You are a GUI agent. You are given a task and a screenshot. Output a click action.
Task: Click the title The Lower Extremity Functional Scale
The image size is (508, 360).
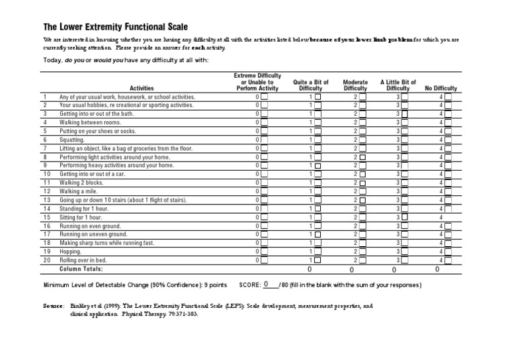coord(115,27)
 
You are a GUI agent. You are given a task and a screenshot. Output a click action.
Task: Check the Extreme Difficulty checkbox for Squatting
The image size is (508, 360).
coord(264,140)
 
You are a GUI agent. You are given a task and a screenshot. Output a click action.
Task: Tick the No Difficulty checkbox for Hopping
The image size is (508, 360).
coord(448,251)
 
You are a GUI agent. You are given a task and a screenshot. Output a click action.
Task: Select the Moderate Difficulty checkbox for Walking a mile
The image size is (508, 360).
coord(362,191)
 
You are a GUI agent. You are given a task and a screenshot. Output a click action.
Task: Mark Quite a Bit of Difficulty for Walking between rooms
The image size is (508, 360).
coord(317,122)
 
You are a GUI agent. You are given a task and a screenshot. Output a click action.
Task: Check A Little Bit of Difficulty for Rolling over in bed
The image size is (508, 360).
coord(405,260)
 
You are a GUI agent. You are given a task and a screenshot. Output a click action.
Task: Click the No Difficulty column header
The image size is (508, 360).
coord(441,88)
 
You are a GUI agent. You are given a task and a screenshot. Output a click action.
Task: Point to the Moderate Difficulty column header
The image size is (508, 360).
coord(355,85)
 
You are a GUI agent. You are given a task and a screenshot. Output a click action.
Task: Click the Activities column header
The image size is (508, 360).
coord(142,88)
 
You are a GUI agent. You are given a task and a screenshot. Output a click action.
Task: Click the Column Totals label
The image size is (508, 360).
coord(81,269)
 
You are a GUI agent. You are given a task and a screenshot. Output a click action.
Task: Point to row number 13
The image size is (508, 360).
coord(46,200)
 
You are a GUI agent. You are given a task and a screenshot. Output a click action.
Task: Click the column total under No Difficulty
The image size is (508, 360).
coord(437,270)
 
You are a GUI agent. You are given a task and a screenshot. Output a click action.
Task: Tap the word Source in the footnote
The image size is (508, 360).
coord(54,306)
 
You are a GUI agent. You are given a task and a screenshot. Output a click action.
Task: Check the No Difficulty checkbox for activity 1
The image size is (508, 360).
coord(448,97)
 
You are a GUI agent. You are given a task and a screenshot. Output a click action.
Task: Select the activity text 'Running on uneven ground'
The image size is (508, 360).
coord(93,234)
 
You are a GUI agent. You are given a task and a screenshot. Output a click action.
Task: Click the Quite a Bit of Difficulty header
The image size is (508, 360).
coord(311,85)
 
